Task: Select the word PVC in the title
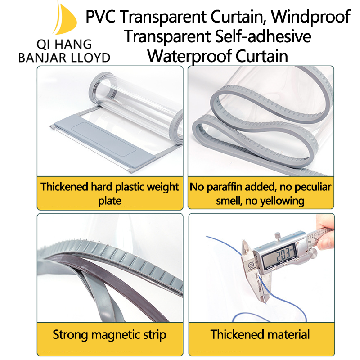pos(102,17)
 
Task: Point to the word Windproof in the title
pos(311,17)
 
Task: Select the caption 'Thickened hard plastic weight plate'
pos(110,193)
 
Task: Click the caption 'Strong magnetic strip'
pos(109,334)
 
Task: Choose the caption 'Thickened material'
pos(260,334)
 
